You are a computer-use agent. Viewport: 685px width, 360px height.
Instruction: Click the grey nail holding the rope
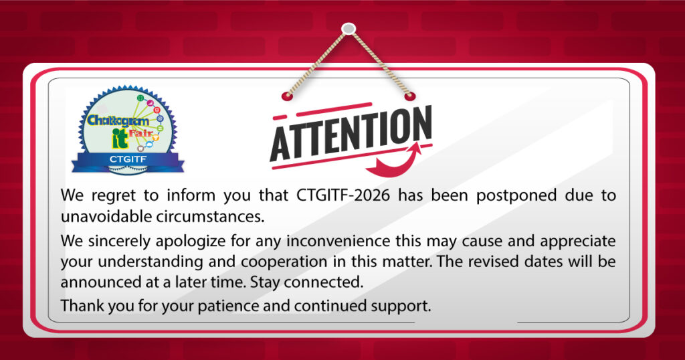[348, 29]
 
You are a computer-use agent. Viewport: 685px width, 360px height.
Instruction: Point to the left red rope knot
[286, 96]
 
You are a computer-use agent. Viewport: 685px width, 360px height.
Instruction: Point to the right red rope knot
[409, 96]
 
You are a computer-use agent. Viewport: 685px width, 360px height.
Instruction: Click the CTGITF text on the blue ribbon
[128, 159]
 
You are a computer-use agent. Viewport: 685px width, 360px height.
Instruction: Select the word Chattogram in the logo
[118, 120]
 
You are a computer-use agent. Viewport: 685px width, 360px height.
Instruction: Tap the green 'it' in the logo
[120, 138]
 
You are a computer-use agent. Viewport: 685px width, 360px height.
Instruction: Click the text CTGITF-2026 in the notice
[343, 195]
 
